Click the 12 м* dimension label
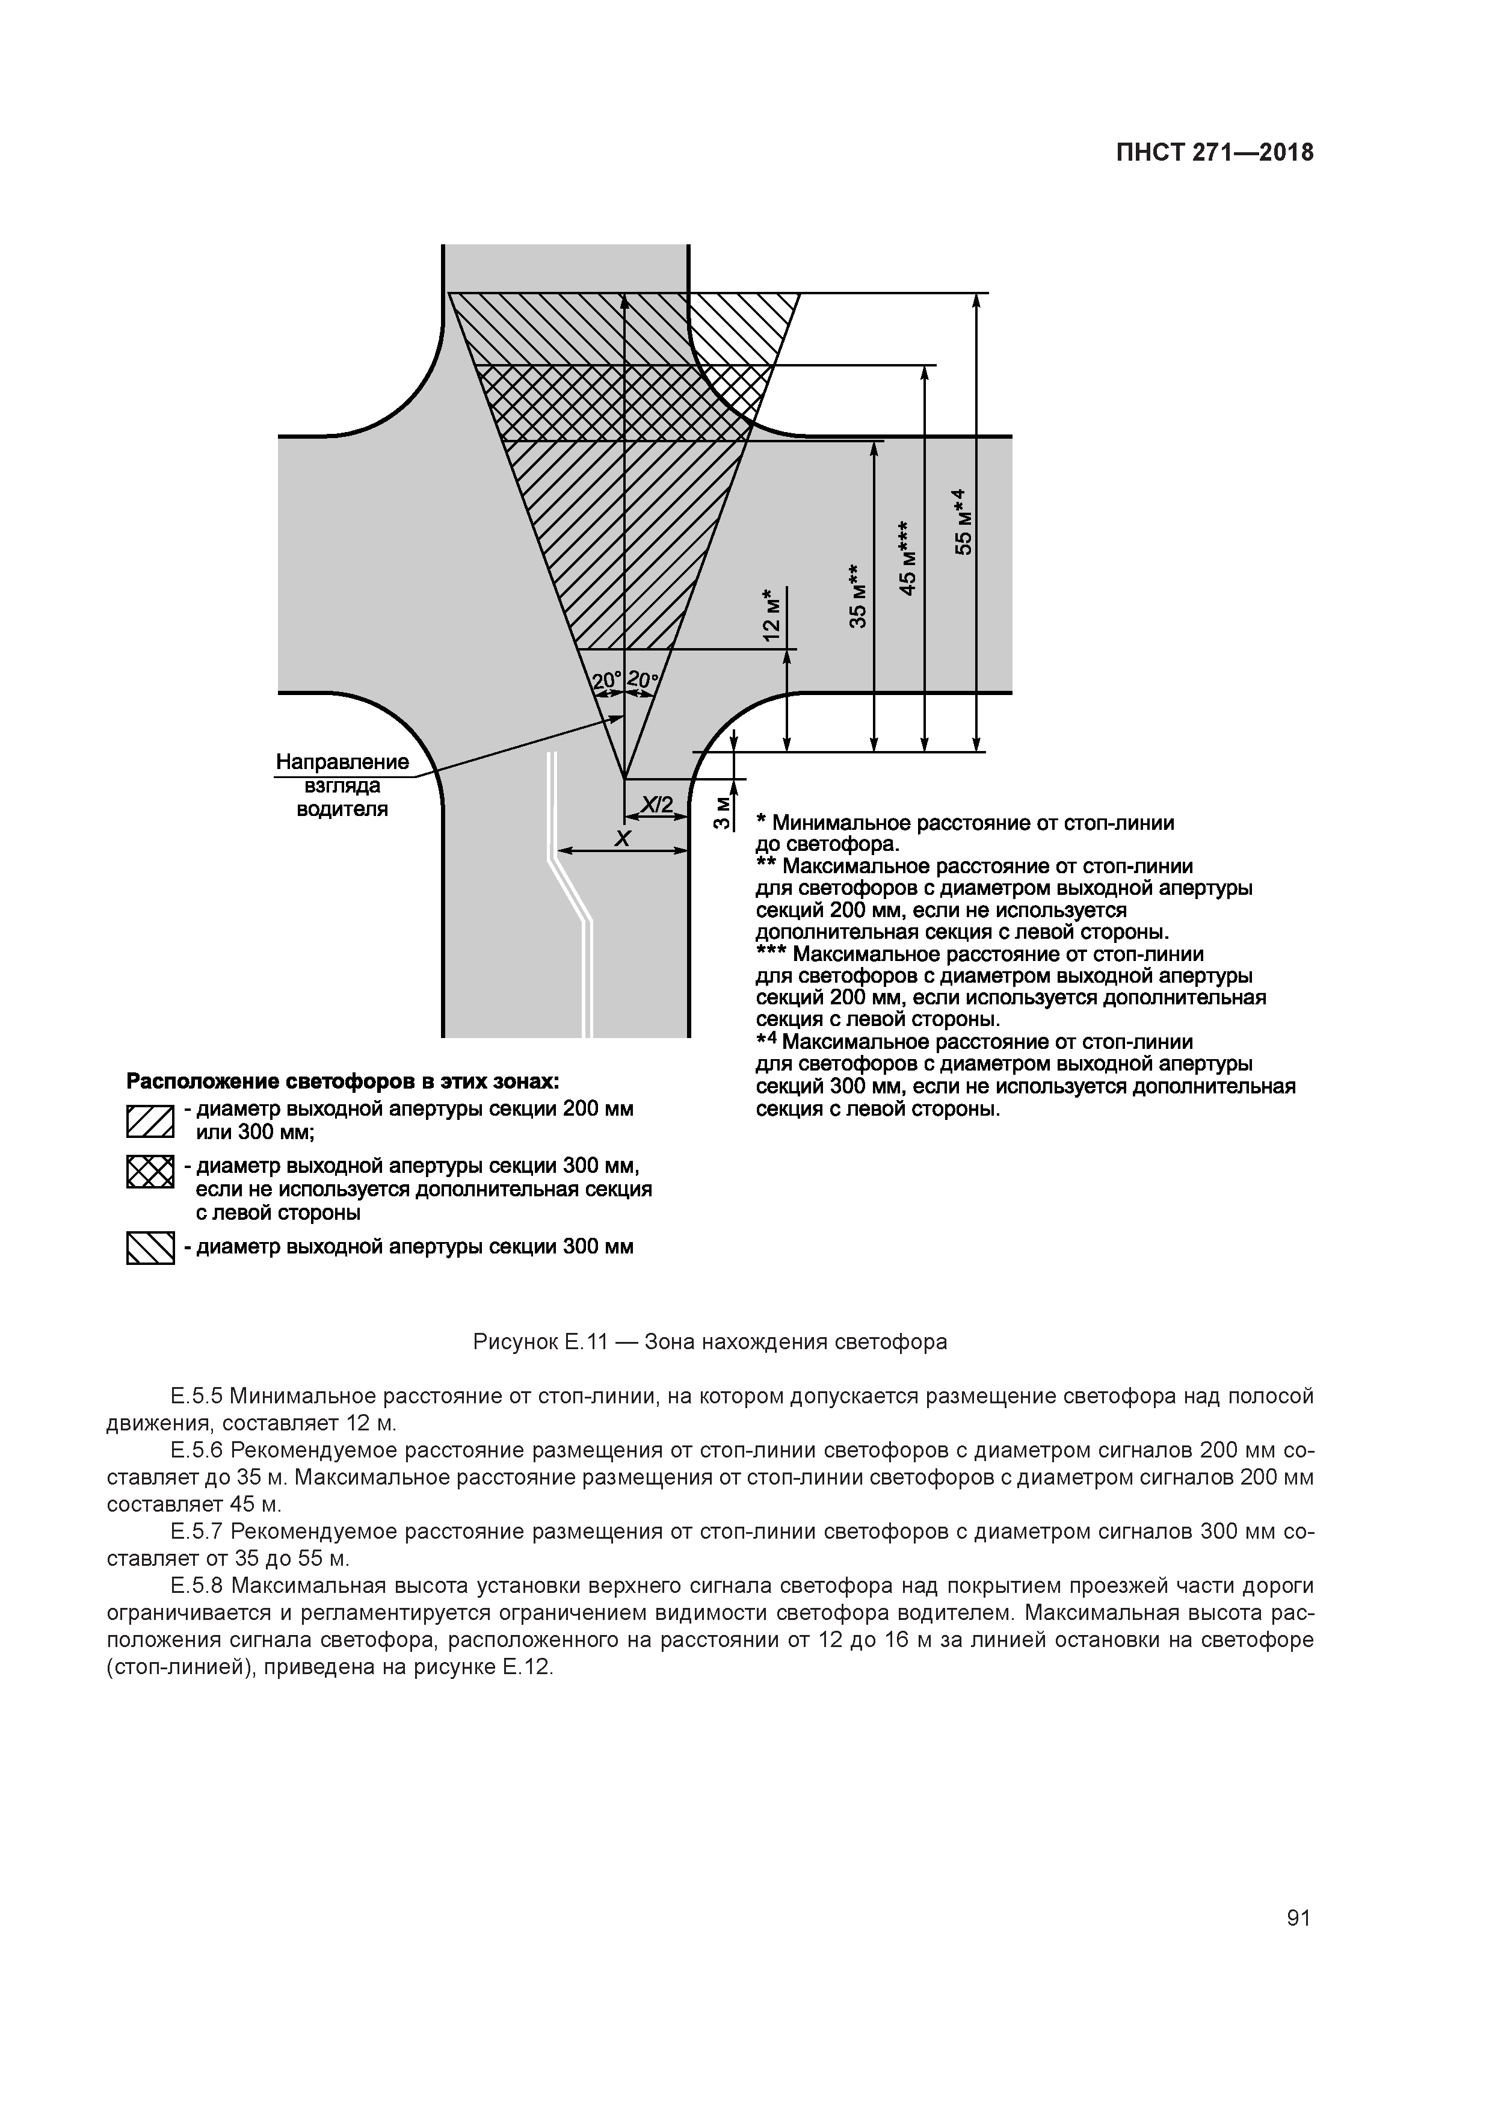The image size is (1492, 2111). click(772, 614)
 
